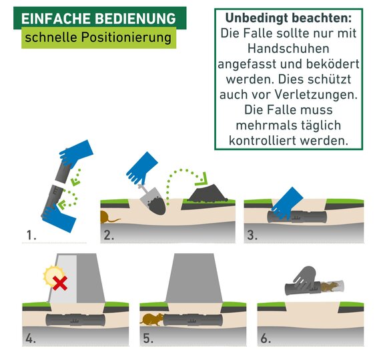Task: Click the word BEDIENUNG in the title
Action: click(135, 19)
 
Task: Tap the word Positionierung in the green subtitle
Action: click(126, 38)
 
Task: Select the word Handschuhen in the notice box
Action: click(288, 49)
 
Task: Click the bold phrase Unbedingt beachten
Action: click(288, 18)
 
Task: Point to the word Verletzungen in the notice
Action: click(316, 95)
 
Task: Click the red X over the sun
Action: click(60, 283)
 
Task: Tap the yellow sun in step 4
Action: click(53, 276)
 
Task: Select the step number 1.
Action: click(31, 235)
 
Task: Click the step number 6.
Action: click(266, 338)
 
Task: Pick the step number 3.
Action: click(252, 235)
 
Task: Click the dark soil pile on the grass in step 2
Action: click(208, 193)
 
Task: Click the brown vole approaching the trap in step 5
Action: click(152, 319)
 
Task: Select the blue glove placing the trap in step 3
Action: click(287, 203)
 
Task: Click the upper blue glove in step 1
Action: click(76, 153)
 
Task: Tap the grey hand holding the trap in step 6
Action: click(304, 277)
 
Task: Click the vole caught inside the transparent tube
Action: click(330, 287)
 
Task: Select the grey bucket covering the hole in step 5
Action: click(193, 278)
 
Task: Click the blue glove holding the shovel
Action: click(142, 168)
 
